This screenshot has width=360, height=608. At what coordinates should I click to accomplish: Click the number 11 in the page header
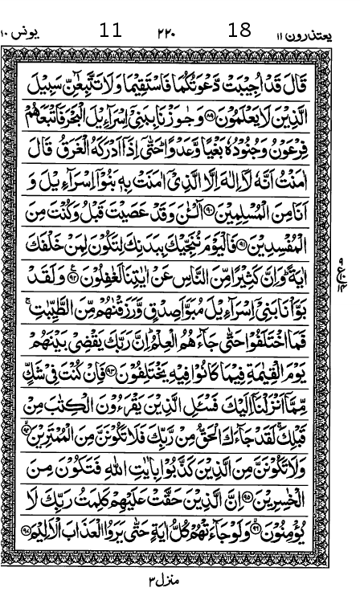coord(111,31)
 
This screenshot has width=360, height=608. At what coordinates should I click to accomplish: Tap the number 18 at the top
coord(239,31)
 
